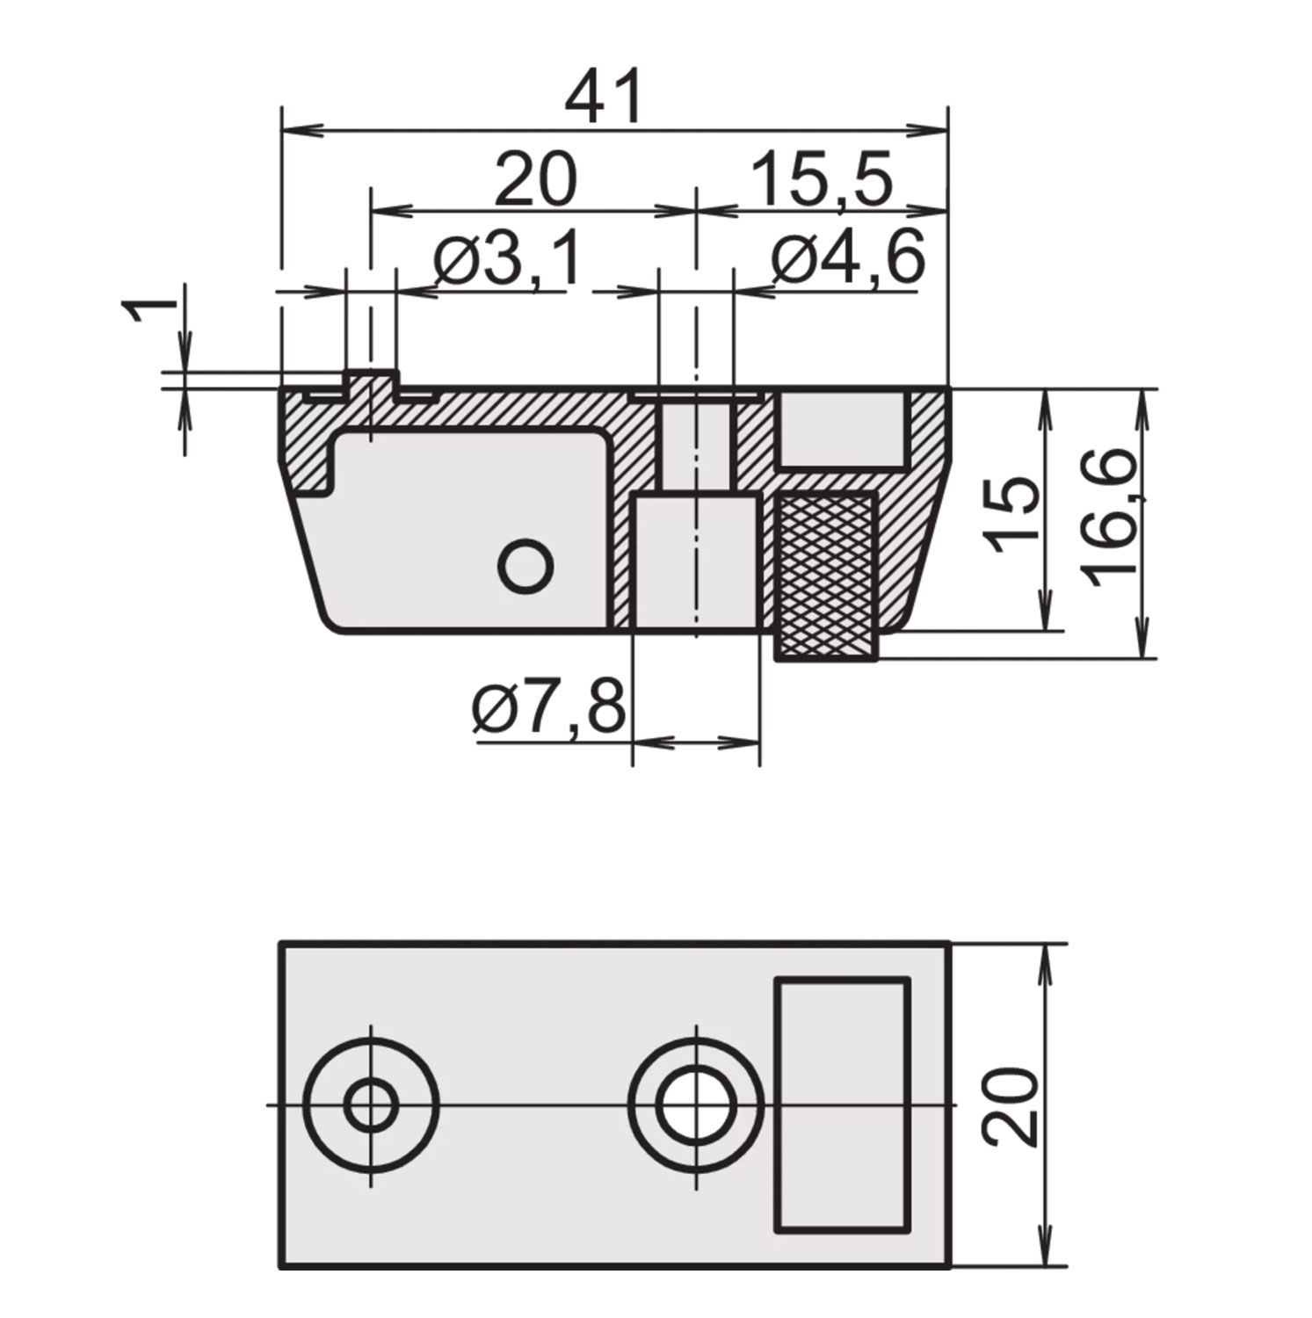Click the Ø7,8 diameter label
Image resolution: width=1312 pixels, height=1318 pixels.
click(548, 708)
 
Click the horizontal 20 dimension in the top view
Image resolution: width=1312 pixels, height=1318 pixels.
click(535, 180)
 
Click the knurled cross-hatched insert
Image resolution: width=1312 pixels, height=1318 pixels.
click(827, 576)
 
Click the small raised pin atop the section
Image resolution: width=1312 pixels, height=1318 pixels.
click(372, 383)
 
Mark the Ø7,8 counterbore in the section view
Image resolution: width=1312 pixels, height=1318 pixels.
click(696, 562)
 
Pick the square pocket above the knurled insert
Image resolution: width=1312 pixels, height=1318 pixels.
click(842, 430)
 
